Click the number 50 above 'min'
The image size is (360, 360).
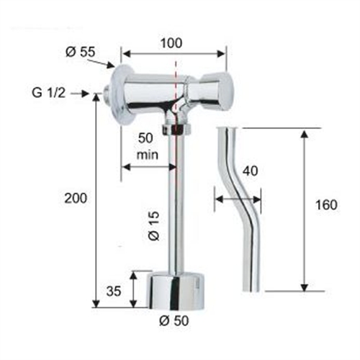145,138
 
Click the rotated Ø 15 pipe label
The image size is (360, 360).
153,225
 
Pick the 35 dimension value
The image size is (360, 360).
114,292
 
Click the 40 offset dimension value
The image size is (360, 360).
250,171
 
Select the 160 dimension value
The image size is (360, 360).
325,205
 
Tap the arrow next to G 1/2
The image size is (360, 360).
84,93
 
